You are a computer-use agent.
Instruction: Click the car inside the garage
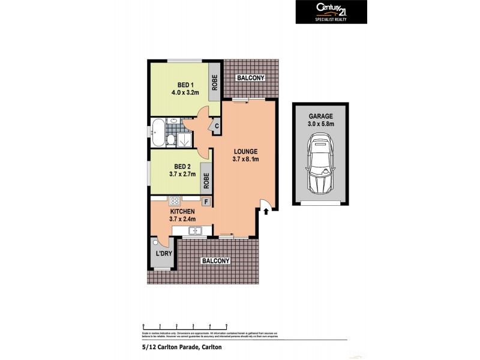tap(321, 161)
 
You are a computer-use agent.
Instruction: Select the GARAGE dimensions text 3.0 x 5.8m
tap(322, 124)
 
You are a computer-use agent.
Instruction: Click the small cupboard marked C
tap(216, 126)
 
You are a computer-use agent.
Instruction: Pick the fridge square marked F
tap(206, 202)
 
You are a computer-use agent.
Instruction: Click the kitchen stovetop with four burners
tap(176, 202)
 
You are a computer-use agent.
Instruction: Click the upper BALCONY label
tap(251, 78)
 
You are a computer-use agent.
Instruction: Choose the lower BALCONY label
tap(215, 261)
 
